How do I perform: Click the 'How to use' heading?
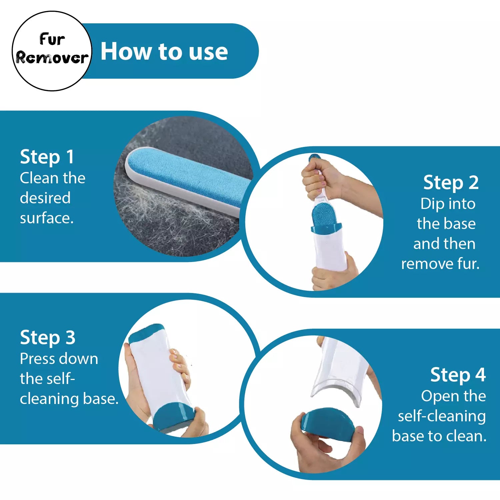click(x=164, y=52)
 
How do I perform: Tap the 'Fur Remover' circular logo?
click(x=52, y=51)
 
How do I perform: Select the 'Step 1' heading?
click(x=47, y=157)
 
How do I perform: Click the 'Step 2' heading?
click(x=451, y=183)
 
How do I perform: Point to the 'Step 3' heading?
click(x=48, y=337)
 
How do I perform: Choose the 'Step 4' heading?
click(x=458, y=375)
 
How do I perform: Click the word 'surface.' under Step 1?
click(x=47, y=218)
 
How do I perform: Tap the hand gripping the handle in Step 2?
click(x=322, y=178)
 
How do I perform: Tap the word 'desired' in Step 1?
click(x=45, y=198)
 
